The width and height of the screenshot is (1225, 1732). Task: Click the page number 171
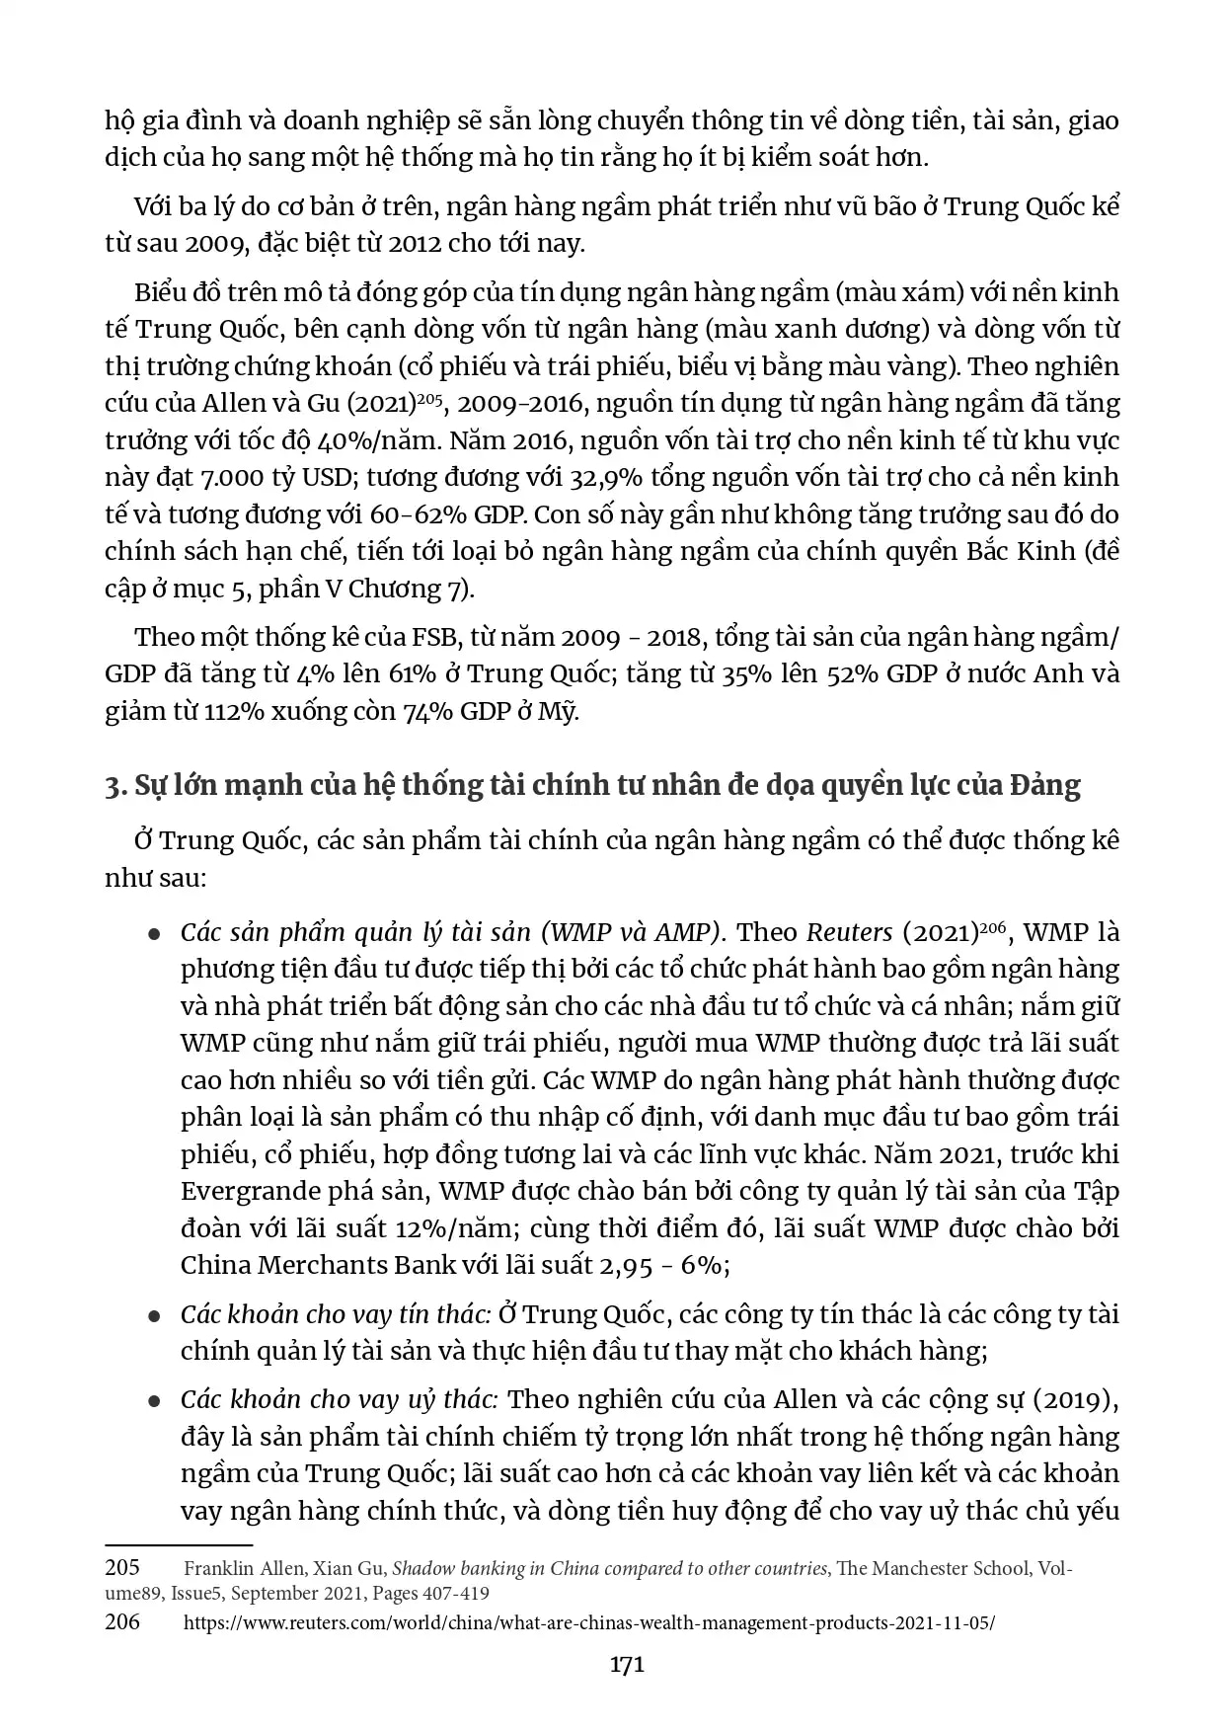point(627,1664)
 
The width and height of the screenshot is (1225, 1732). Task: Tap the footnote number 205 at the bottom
point(122,1567)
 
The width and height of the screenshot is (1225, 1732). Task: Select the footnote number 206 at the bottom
point(122,1620)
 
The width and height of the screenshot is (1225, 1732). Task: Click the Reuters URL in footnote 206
point(589,1622)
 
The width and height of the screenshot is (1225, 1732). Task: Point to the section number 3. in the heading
point(115,785)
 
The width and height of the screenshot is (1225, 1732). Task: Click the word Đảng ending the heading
point(1045,785)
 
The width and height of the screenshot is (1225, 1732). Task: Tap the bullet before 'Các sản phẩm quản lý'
point(154,934)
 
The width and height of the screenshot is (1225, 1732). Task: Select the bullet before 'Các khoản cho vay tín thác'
point(154,1316)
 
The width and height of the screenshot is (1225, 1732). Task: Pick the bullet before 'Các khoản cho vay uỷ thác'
point(154,1401)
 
